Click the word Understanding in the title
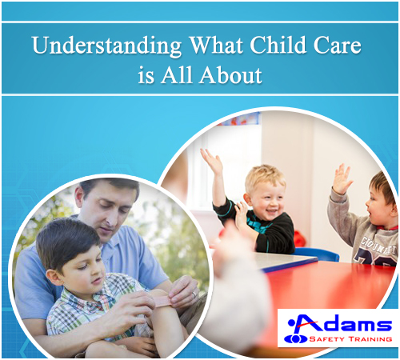(x=107, y=46)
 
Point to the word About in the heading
(x=231, y=74)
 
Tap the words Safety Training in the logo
(x=350, y=339)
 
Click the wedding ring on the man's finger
(x=194, y=294)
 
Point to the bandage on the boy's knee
(x=162, y=300)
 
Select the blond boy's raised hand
(x=212, y=161)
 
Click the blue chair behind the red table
(x=318, y=254)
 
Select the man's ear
(x=80, y=197)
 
